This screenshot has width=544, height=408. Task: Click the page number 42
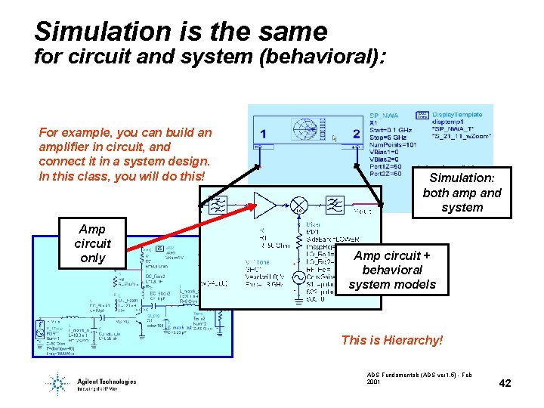click(505, 383)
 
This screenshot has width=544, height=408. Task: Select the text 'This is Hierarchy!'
click(391, 340)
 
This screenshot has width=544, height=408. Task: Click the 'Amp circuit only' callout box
click(92, 243)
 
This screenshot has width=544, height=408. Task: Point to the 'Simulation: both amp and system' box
click(462, 192)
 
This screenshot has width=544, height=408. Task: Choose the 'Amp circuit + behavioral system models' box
click(392, 269)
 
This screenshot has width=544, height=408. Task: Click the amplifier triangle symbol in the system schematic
click(265, 205)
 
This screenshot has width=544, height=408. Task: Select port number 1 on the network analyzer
click(262, 134)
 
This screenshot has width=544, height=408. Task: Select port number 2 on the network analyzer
click(356, 134)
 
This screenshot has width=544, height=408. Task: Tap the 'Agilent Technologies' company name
click(107, 382)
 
